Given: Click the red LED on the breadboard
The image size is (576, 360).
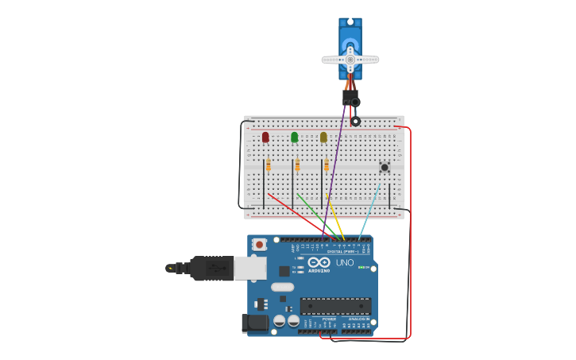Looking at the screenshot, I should pos(265,137).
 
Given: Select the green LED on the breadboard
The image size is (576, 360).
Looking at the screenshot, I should pos(295,137).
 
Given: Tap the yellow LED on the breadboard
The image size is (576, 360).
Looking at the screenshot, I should pos(323,137).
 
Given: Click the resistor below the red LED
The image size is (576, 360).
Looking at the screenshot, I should pos(269,165).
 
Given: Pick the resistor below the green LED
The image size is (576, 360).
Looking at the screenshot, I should pos(297,165).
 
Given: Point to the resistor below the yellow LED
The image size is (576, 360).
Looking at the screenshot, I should pos(326,165).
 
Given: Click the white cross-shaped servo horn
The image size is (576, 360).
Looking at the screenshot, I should pos(350,60).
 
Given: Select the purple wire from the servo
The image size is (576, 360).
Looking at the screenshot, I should pos(337,167).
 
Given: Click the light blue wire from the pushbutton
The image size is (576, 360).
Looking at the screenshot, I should pos(370,211).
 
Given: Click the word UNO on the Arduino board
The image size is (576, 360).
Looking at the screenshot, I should pos(345,262).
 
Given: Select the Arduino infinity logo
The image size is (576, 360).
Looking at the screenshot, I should pos(319,262).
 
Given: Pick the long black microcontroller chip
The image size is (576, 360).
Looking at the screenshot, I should pos(335,306).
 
